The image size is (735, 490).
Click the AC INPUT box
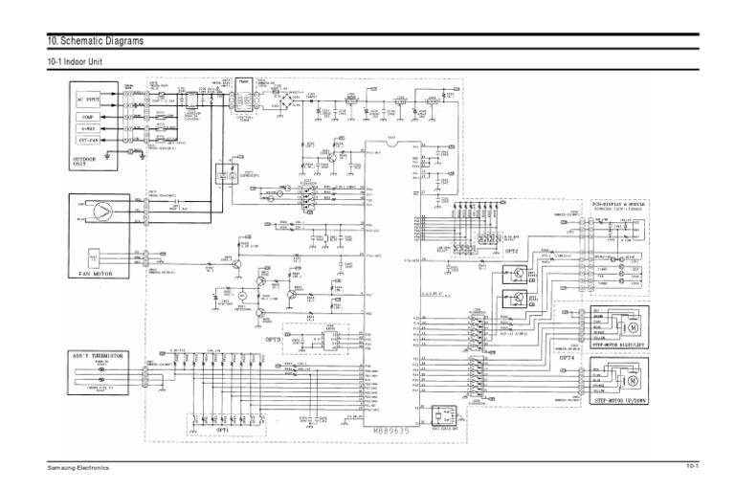coord(86,99)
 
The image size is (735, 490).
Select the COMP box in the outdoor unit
coord(86,115)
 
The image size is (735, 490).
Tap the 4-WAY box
coord(86,128)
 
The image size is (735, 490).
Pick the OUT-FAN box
coord(86,143)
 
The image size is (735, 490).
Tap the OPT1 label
coord(221,431)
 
